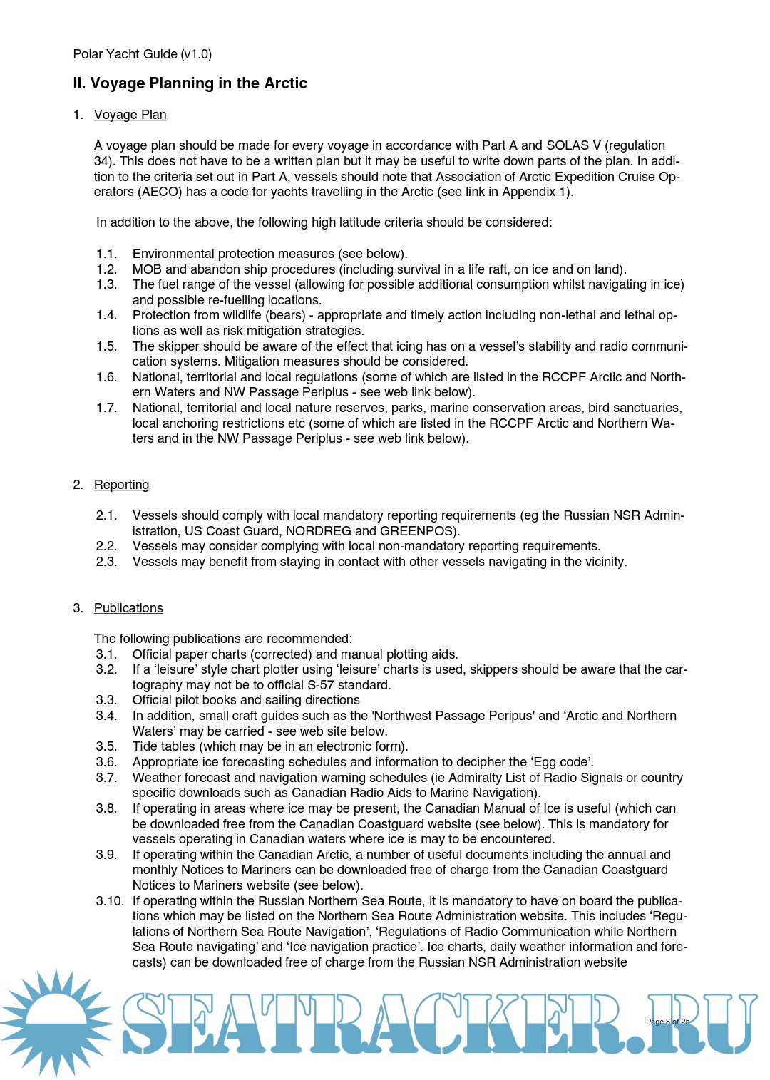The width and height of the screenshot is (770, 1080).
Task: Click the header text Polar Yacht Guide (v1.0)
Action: [x=142, y=54]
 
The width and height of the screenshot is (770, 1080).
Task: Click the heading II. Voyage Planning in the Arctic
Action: [x=190, y=83]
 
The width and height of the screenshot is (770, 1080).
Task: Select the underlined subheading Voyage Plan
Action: [x=130, y=115]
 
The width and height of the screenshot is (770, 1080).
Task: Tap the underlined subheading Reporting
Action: [x=121, y=485]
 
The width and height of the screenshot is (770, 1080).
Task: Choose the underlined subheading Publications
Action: [x=128, y=608]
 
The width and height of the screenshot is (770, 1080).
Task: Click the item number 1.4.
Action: [x=106, y=315]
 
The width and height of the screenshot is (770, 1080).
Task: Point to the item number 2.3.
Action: [x=106, y=562]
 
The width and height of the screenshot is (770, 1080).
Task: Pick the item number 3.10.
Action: [x=110, y=901]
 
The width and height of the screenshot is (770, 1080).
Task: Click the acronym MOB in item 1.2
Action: [x=147, y=269]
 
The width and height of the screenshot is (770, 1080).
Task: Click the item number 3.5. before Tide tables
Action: [x=106, y=746]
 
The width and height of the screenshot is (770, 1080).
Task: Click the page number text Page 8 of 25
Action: [x=667, y=1022]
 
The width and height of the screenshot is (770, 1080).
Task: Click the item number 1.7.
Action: [x=106, y=408]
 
